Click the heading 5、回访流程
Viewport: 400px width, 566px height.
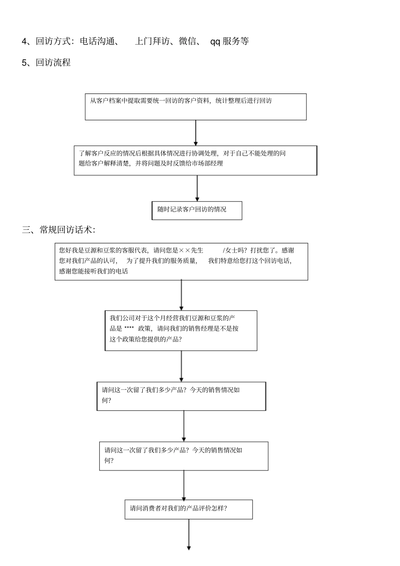tap(46, 63)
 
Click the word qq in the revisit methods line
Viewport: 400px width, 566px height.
tap(215, 41)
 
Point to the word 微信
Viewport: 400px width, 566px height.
tap(187, 41)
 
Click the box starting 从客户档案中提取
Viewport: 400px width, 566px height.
tap(195, 107)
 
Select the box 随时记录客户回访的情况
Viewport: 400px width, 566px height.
tap(197, 210)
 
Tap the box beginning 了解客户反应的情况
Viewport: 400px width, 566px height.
tap(195, 160)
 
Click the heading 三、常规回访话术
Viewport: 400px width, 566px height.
tap(59, 230)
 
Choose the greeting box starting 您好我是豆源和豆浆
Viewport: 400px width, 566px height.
tap(181, 261)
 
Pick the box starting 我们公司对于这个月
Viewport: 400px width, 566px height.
tap(181, 330)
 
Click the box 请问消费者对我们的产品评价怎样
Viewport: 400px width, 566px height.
tap(188, 509)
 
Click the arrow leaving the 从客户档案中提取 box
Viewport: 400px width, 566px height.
tap(196, 133)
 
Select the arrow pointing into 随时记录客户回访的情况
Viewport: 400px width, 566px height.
tap(197, 188)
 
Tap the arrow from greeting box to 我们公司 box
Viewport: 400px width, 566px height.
tap(181, 295)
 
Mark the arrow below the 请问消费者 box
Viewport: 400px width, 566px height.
tap(189, 534)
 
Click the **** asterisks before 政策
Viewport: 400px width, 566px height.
tap(129, 329)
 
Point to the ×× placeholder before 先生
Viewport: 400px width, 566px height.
tap(184, 250)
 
